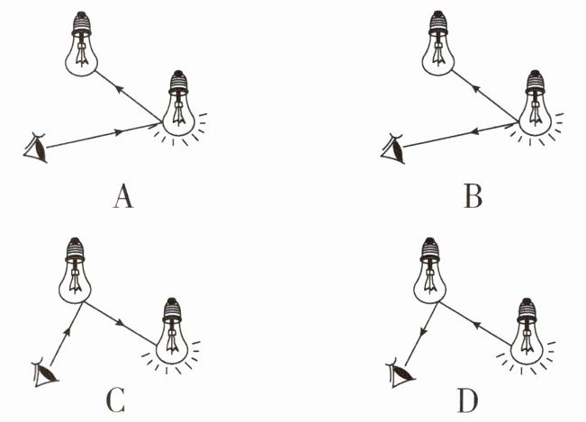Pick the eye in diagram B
click(x=393, y=147)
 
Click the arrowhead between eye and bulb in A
click(x=121, y=132)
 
